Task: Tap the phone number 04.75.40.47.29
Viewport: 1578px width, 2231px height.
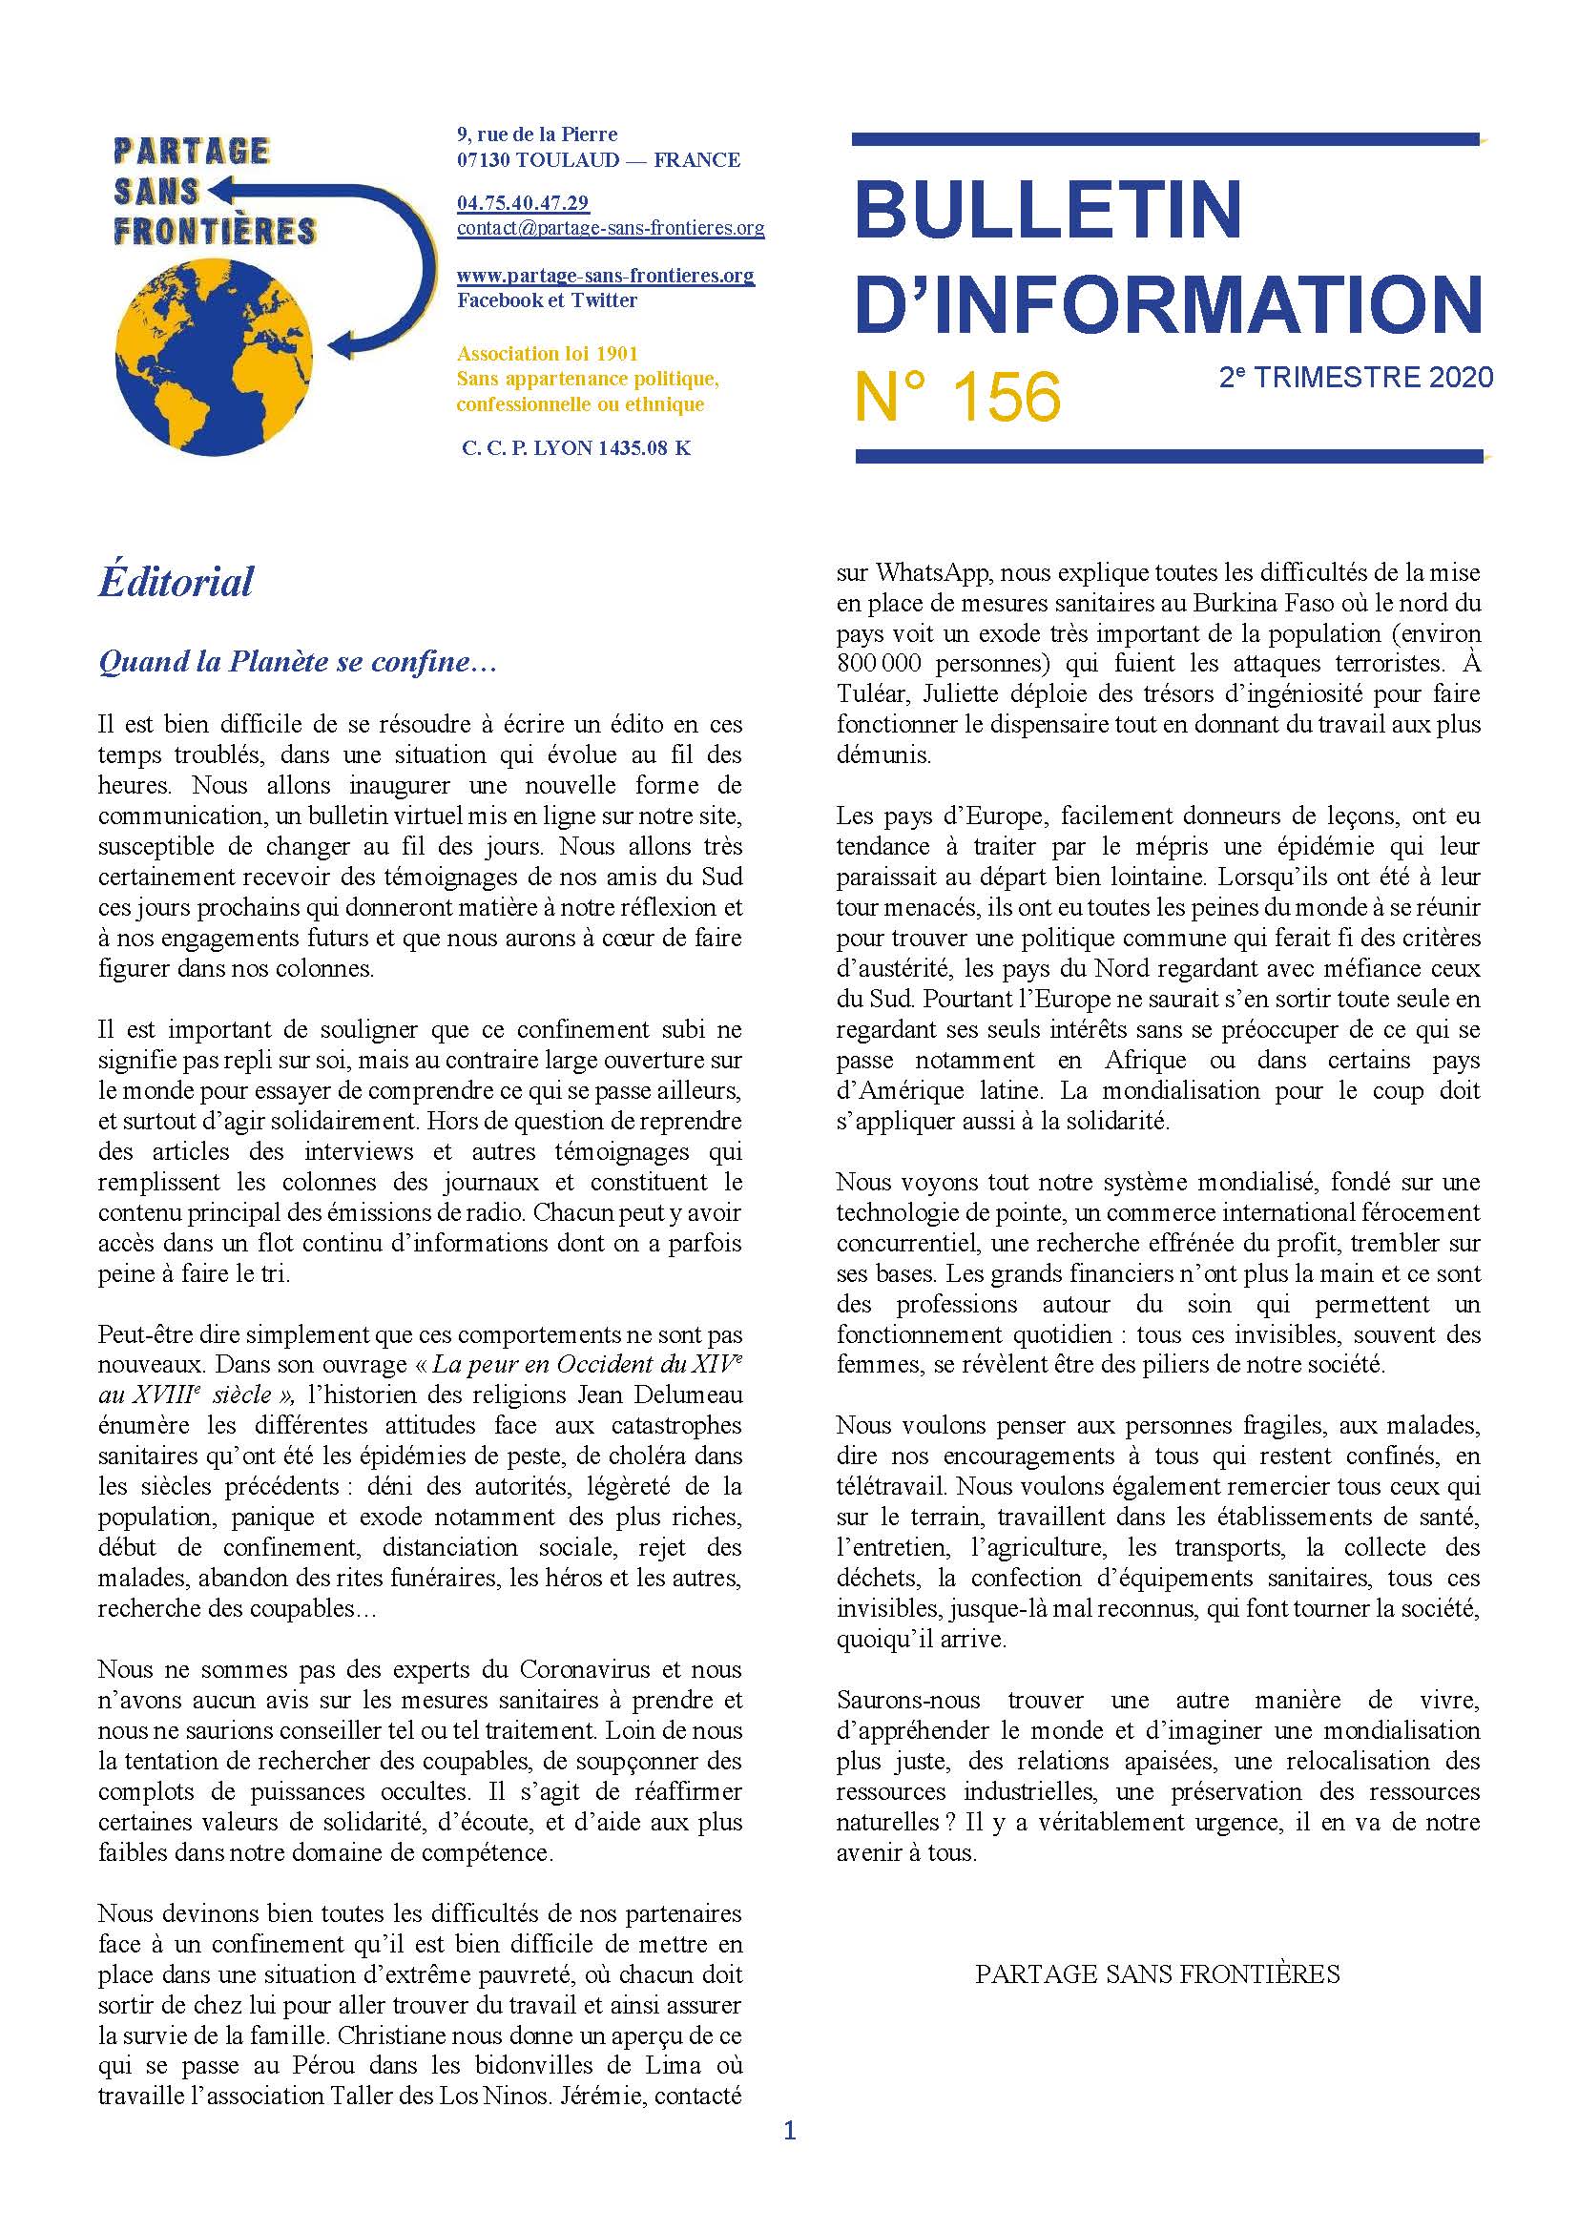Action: click(523, 203)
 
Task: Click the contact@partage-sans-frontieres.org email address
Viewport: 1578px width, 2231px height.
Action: click(611, 228)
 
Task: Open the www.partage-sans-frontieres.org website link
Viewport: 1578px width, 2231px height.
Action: click(606, 275)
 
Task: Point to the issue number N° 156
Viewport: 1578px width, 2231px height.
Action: click(957, 397)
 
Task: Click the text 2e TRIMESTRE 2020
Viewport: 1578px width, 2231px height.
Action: click(1356, 377)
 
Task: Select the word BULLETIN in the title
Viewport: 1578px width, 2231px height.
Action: click(1049, 209)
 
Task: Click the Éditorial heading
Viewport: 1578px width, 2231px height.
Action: click(176, 581)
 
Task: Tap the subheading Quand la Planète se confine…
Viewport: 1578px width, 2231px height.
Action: click(299, 662)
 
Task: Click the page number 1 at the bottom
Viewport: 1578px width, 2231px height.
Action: click(789, 2159)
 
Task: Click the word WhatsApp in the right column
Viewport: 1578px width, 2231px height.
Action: click(927, 571)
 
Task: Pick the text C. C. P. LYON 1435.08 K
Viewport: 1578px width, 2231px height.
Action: click(576, 448)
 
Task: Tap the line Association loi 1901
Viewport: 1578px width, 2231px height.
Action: click(547, 353)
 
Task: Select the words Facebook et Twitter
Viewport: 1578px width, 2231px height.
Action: click(547, 300)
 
